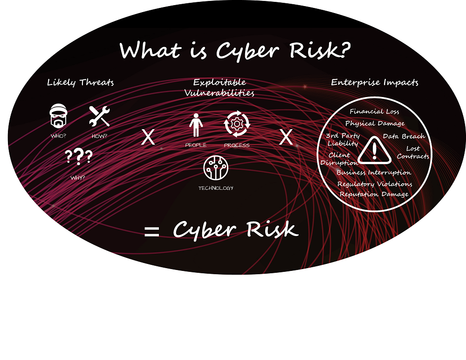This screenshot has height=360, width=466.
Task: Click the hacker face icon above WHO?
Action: [58, 116]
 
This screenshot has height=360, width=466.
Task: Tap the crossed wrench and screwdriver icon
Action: [100, 116]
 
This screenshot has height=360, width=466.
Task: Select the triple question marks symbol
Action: [79, 157]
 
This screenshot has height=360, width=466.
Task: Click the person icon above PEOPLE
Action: [196, 125]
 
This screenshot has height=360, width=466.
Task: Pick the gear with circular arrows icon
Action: [237, 124]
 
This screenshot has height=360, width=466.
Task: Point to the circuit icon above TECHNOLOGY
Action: [216, 168]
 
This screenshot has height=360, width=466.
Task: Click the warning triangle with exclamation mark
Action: [375, 151]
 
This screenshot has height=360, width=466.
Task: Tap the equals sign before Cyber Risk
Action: [151, 231]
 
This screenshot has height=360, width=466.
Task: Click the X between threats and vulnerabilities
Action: [148, 137]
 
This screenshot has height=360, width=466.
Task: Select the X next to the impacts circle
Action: [286, 137]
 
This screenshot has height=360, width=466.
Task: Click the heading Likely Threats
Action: [80, 83]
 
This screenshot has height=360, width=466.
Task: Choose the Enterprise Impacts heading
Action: [375, 83]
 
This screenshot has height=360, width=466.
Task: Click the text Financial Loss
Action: [375, 111]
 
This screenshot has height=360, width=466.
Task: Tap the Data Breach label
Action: [404, 136]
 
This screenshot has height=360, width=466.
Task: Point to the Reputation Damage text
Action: [374, 194]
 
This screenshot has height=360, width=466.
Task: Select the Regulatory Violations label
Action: [375, 184]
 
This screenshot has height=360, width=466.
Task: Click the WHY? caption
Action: [77, 178]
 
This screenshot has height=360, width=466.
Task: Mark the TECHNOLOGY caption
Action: [216, 188]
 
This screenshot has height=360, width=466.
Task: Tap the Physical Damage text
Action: [375, 124]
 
